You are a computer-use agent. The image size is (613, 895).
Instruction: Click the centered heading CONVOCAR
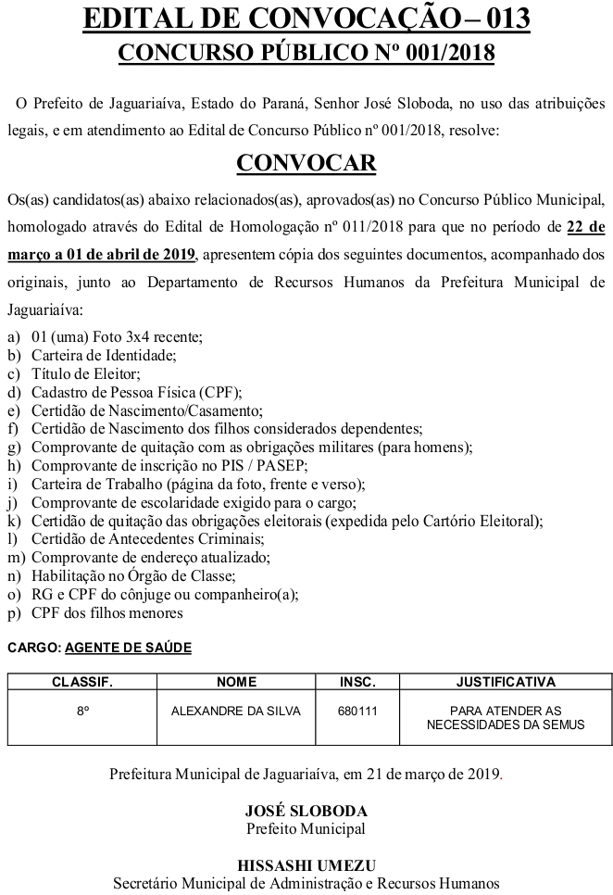(306, 163)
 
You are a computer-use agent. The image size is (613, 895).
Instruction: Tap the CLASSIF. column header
(81, 682)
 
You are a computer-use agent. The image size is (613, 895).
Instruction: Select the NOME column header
(236, 682)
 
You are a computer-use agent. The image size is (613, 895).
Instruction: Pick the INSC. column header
(357, 682)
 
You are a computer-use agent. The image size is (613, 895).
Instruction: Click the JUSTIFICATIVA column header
(506, 682)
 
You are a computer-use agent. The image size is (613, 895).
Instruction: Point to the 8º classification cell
(81, 711)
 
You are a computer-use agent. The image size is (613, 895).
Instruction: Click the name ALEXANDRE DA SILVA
(236, 711)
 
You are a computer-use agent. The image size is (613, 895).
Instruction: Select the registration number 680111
(357, 711)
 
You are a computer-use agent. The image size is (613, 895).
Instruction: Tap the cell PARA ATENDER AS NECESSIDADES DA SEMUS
(506, 717)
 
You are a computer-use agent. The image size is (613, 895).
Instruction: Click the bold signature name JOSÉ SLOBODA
(306, 810)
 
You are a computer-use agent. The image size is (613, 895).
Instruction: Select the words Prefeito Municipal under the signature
(306, 828)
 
